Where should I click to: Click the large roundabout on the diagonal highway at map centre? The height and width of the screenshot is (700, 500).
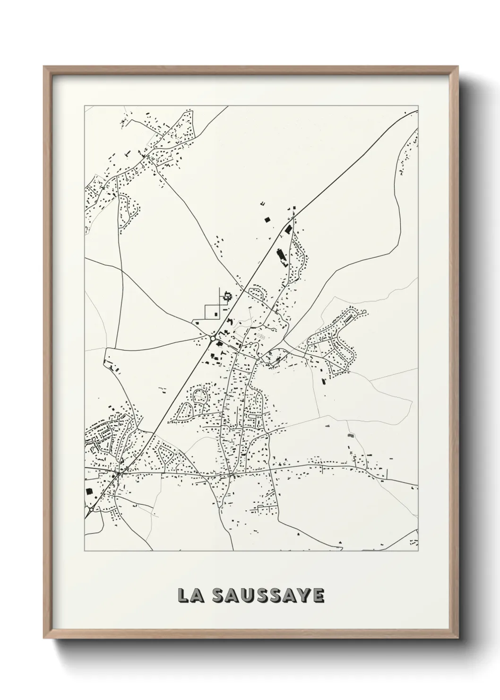tap(213, 338)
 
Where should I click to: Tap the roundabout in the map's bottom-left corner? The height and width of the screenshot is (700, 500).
tap(89, 511)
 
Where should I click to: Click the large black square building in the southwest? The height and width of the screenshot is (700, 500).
tap(88, 491)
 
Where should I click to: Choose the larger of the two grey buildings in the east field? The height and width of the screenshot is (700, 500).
tap(350, 435)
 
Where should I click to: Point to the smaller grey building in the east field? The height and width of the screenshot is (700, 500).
tap(327, 426)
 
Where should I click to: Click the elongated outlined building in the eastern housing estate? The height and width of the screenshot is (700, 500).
tap(349, 320)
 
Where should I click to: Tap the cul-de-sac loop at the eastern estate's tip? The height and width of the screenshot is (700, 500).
tap(364, 312)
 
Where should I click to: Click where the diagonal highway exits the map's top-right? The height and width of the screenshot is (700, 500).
tap(417, 111)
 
